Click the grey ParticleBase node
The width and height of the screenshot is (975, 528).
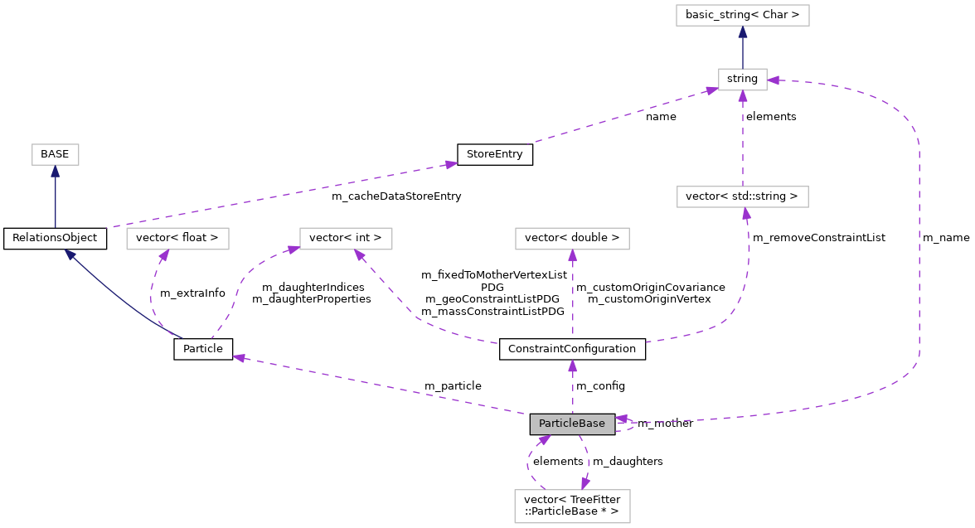tap(572, 424)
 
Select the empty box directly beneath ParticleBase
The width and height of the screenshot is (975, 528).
tap(572, 506)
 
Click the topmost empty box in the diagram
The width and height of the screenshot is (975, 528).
tap(742, 15)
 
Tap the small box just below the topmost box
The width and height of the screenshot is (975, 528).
tap(742, 80)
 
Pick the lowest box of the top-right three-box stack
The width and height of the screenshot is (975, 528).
tap(742, 196)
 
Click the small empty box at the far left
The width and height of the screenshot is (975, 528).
tap(56, 154)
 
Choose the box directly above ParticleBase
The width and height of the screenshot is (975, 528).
tap(572, 239)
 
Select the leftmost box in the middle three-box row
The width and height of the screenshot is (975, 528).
tap(177, 239)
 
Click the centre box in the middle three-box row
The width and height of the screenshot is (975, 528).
tap(346, 239)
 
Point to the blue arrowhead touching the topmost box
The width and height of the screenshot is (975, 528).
tap(743, 32)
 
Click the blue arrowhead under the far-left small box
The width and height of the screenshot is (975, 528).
tap(56, 172)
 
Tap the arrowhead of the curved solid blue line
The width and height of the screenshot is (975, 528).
tap(70, 254)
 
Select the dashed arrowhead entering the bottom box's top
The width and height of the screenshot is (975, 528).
tap(585, 483)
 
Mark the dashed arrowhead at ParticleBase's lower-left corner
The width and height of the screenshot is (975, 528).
tap(544, 439)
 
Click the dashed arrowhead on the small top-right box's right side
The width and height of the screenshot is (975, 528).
tap(774, 80)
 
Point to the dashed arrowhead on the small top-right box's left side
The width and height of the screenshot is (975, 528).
tap(711, 90)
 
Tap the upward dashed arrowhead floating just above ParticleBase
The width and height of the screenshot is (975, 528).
tap(572, 366)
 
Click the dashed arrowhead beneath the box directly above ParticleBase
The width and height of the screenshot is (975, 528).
tap(572, 255)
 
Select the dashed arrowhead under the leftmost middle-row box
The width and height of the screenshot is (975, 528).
tap(165, 255)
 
